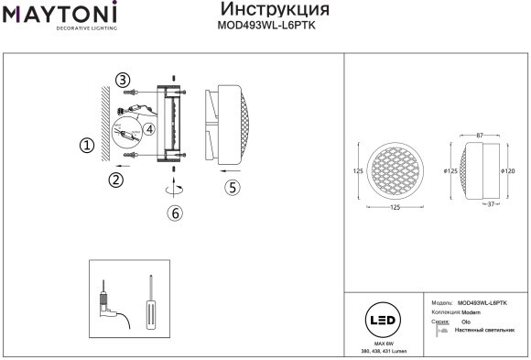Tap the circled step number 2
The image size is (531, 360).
click(116, 180)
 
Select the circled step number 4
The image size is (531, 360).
click(150, 129)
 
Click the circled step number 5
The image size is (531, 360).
click(233, 186)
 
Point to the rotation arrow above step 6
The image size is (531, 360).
click(174, 187)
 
